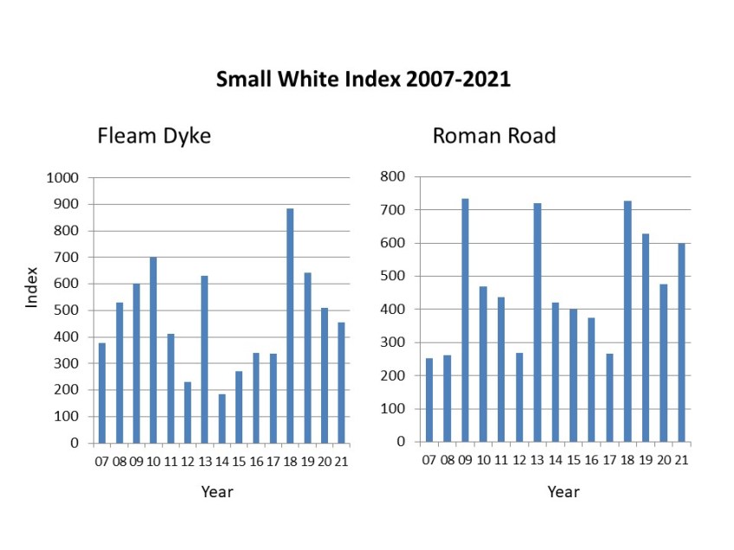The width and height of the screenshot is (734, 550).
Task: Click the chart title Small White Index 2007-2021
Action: (363, 80)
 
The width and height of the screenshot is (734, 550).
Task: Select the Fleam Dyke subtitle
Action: (153, 136)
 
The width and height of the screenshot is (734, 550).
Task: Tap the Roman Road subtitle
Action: (493, 136)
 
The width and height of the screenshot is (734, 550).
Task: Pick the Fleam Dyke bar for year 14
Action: (222, 419)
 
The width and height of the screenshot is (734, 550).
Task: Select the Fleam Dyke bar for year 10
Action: (153, 350)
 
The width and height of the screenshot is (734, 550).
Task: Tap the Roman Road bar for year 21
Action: (681, 342)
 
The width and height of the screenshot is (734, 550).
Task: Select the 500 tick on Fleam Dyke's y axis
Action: (68, 310)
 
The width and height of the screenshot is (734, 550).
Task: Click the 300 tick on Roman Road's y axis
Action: (394, 342)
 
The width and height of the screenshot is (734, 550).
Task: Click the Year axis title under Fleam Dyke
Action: (216, 492)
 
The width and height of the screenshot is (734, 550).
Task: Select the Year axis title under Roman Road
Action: (563, 492)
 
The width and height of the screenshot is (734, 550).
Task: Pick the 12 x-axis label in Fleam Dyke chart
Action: (188, 462)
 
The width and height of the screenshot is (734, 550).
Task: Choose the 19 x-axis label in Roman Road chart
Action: (645, 460)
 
